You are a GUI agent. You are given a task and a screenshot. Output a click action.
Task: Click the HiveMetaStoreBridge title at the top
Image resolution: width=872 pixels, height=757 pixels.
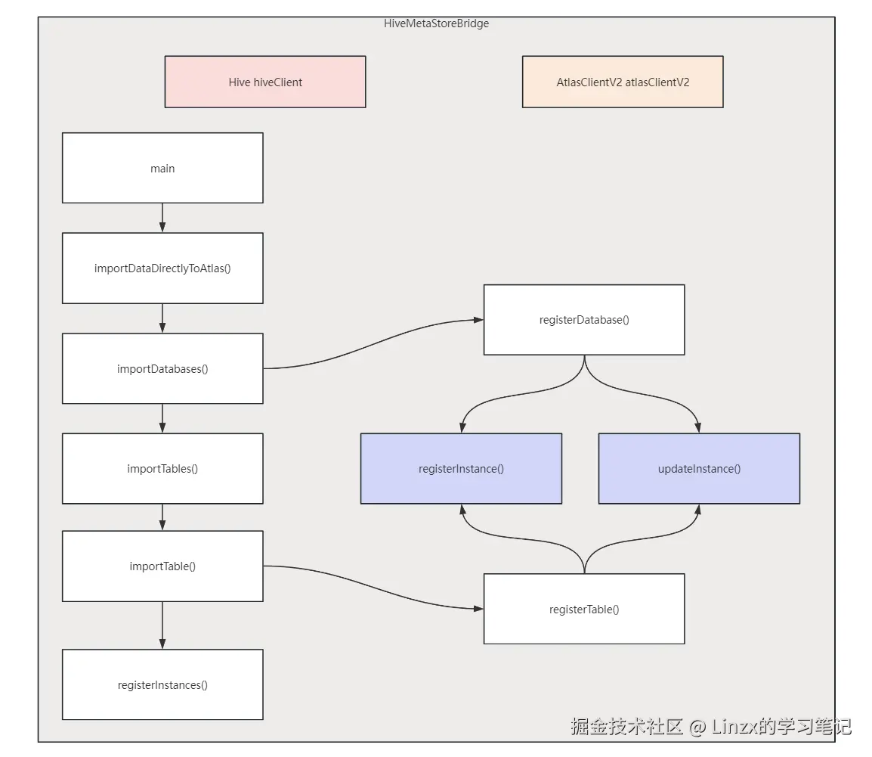point(436,23)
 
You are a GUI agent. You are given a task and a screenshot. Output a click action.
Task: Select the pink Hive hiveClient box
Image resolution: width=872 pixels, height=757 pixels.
point(265,82)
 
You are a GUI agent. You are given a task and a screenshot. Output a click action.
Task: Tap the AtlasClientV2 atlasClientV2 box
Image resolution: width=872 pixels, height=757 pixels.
point(623,82)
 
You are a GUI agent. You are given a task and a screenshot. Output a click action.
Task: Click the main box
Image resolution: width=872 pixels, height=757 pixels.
point(162,168)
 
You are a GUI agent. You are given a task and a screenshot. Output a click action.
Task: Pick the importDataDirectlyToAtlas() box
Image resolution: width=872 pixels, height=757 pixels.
point(162,268)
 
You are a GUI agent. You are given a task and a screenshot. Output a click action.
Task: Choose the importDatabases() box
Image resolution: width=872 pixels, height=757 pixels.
point(162,368)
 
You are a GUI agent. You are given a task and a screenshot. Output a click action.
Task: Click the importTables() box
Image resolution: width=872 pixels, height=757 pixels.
point(162,468)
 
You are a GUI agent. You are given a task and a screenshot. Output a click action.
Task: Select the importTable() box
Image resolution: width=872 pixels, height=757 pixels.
point(162,566)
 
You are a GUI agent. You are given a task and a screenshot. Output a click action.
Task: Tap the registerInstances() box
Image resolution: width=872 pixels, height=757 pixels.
point(162,684)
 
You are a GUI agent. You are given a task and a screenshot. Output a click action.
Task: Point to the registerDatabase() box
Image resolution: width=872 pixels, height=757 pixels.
point(584,319)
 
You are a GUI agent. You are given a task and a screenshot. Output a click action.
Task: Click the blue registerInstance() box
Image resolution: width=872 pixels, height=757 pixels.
point(461,468)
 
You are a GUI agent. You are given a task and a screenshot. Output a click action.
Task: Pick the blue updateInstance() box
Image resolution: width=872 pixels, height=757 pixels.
point(699,468)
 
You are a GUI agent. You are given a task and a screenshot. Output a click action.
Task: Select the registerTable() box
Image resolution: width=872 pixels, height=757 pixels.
point(584,609)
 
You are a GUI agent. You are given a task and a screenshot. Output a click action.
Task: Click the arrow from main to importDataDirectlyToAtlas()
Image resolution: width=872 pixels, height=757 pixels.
point(162,218)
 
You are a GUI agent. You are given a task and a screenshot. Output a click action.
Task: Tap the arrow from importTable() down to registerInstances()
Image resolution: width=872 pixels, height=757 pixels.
point(162,625)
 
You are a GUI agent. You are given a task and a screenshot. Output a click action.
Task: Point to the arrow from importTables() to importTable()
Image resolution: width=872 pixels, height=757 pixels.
point(162,517)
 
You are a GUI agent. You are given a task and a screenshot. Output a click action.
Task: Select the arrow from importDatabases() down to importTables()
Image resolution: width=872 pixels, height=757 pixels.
point(162,418)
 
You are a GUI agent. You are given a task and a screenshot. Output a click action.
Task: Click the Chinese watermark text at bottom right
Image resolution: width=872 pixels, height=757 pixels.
point(710,727)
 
